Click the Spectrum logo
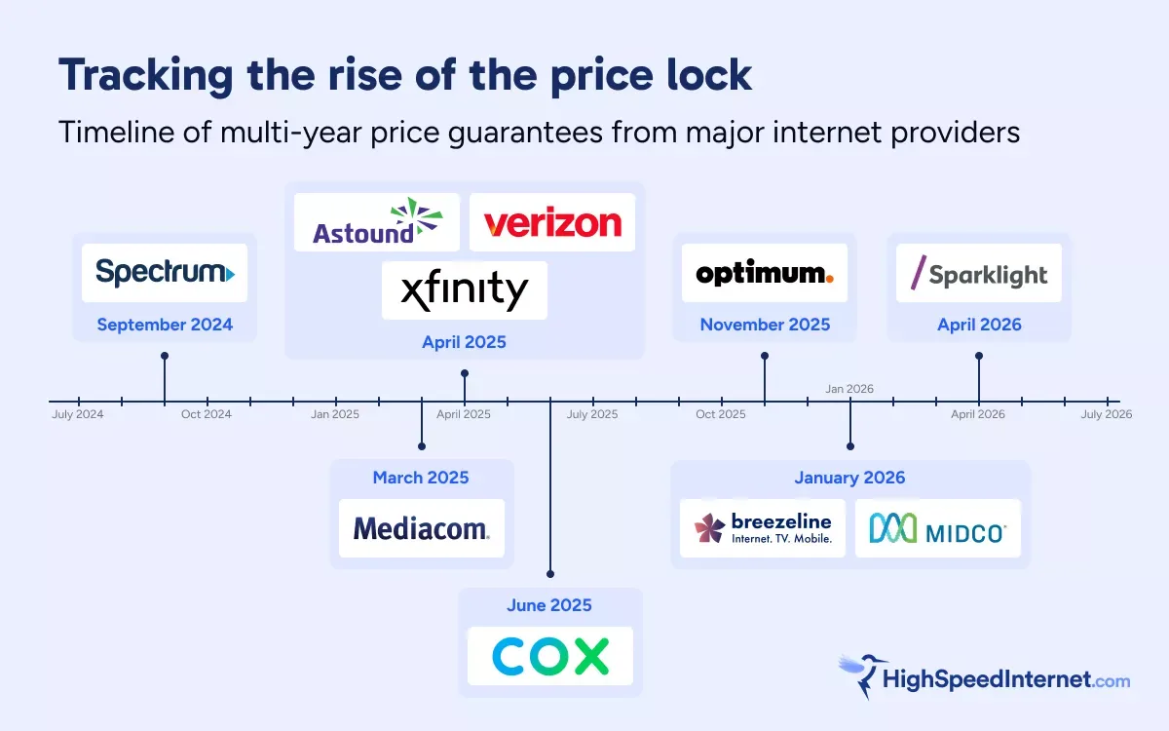click(x=165, y=273)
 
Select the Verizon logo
click(x=552, y=222)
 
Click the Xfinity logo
click(x=465, y=290)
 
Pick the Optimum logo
click(x=765, y=273)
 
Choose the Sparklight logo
click(x=979, y=273)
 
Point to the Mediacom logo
click(x=422, y=528)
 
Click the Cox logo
click(x=550, y=656)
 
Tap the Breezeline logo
click(x=763, y=528)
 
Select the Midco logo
click(x=937, y=528)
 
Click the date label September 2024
click(x=165, y=325)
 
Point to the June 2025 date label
click(x=549, y=605)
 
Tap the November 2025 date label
click(x=765, y=325)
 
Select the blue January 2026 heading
click(x=849, y=478)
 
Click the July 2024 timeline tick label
click(x=78, y=414)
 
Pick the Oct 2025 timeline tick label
click(x=721, y=414)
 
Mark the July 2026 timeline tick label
click(x=1107, y=414)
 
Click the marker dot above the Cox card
click(x=550, y=574)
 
